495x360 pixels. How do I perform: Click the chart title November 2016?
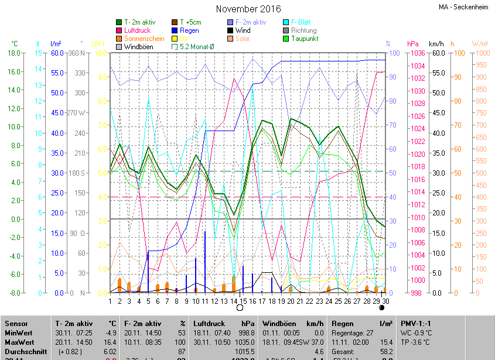coord(248,9)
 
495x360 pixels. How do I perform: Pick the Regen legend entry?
coord(189,30)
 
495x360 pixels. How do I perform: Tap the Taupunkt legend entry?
coord(304,39)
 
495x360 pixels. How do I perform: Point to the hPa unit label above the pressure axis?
coord(413,44)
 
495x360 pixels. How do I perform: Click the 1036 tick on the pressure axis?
coord(417,53)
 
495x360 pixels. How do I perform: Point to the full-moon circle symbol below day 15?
coord(240,307)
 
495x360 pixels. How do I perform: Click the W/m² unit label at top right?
coord(480,44)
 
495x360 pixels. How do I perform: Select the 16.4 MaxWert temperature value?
coord(110,342)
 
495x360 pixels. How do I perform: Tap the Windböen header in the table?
coord(278,324)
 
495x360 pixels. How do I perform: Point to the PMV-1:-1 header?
coord(416,324)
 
